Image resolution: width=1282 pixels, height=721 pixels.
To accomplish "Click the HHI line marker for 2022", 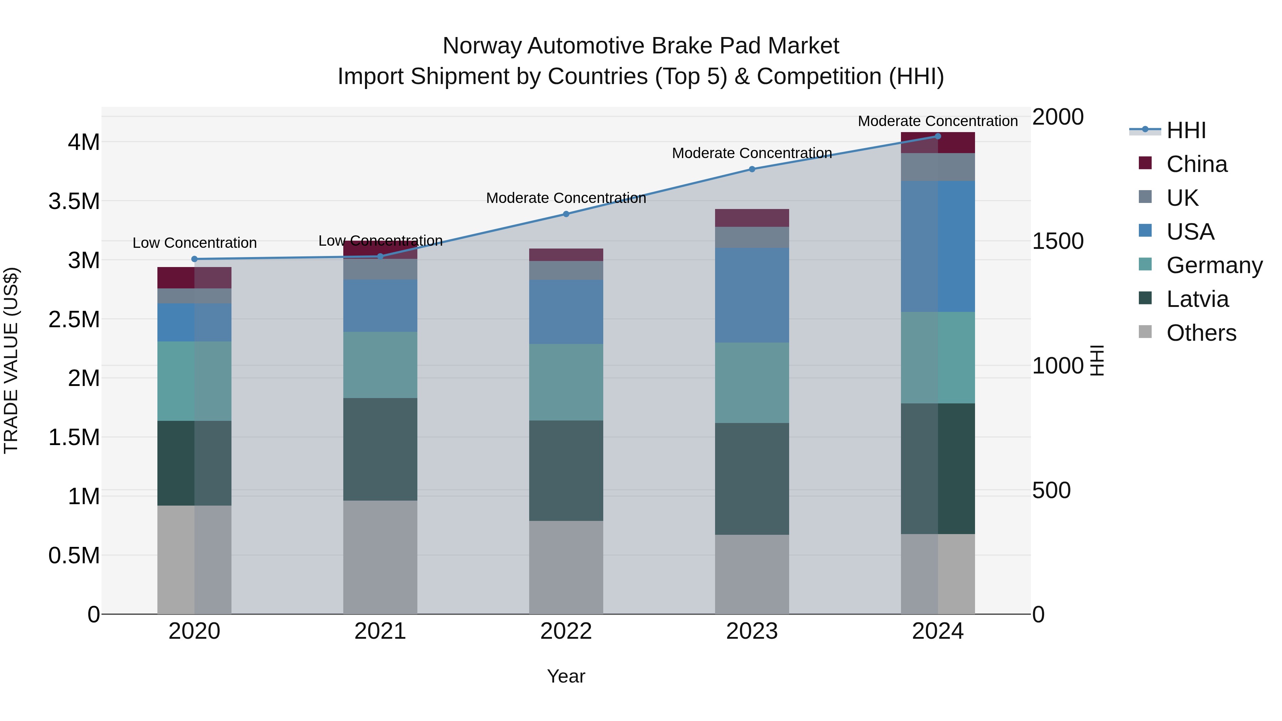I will [566, 214].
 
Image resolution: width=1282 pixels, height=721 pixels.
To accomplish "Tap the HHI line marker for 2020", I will [194, 259].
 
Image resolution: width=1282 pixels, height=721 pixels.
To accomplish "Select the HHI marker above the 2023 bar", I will [752, 169].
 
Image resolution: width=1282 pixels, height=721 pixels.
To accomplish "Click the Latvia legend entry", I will [1197, 299].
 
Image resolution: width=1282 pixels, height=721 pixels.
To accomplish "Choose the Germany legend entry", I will [1214, 265].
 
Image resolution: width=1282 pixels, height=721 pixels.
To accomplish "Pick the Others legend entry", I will [1201, 333].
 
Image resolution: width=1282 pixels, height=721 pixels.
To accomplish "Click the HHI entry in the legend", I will [1185, 130].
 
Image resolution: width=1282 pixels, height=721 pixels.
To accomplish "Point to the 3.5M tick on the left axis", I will [74, 202].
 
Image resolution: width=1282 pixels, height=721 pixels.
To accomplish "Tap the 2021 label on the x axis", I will [380, 631].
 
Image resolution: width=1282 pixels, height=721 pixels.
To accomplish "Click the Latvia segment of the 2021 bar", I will [380, 449].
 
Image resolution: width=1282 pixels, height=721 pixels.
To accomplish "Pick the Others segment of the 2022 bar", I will [566, 567].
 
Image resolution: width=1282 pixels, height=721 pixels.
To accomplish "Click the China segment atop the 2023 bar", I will [752, 218].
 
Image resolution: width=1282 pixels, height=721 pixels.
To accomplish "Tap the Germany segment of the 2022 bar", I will [566, 382].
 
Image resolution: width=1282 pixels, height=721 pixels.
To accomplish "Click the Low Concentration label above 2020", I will [194, 243].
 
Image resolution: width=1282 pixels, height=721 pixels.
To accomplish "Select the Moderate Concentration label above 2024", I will [938, 121].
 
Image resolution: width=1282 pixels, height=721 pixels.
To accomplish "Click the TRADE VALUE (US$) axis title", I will [11, 360].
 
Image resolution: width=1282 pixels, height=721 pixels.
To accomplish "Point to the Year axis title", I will [566, 676].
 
